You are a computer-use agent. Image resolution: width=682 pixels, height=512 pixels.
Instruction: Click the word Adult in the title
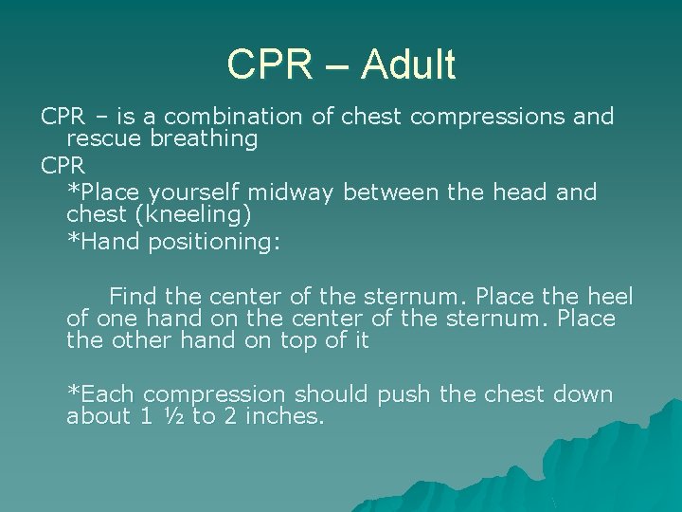coord(408,65)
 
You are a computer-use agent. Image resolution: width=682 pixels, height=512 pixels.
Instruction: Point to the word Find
coord(133,296)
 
